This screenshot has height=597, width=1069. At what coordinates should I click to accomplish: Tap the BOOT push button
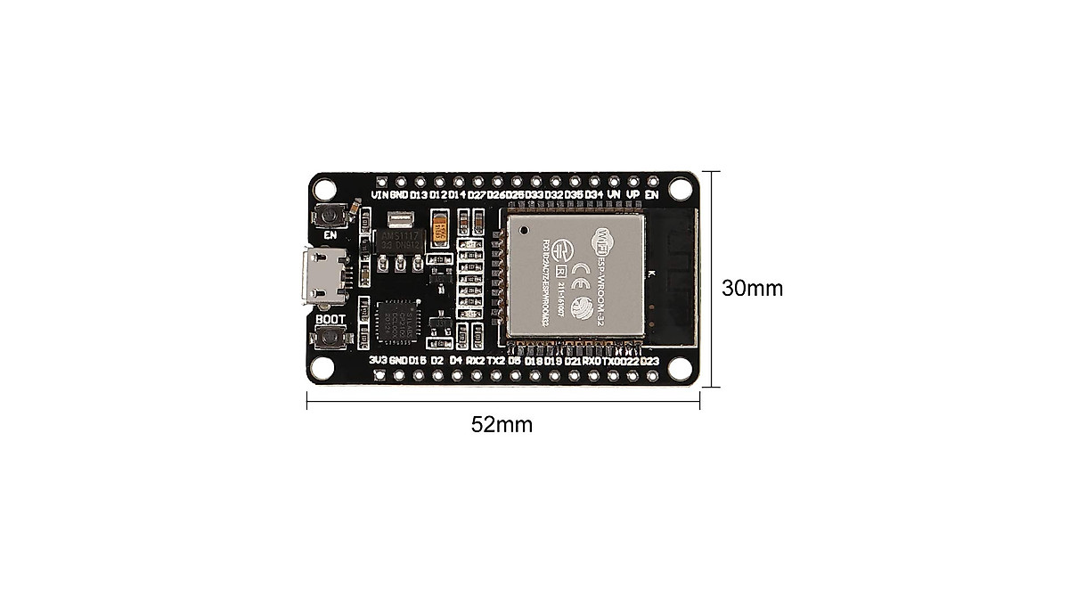pyautogui.click(x=331, y=339)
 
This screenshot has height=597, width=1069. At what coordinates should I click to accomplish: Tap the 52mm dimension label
pyautogui.click(x=502, y=425)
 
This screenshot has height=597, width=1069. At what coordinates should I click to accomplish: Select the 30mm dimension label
pyautogui.click(x=753, y=289)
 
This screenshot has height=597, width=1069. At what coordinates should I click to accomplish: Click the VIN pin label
pyautogui.click(x=379, y=194)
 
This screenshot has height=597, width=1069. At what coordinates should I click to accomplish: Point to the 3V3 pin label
pyautogui.click(x=379, y=361)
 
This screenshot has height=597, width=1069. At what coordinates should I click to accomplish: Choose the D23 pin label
pyautogui.click(x=649, y=361)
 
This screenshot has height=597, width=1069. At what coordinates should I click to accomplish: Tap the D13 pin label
pyautogui.click(x=419, y=194)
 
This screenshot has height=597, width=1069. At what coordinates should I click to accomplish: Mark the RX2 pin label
pyautogui.click(x=476, y=361)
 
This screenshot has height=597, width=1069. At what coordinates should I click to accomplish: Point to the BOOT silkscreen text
pyautogui.click(x=330, y=318)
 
